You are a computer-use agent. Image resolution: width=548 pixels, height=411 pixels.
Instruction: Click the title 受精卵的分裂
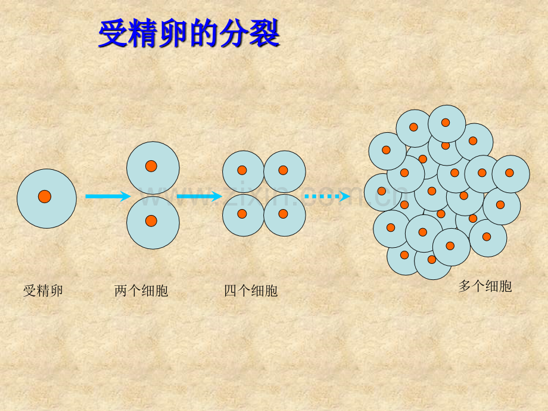pos(189,33)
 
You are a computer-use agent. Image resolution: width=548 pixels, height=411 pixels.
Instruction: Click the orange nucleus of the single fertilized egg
pos(45,197)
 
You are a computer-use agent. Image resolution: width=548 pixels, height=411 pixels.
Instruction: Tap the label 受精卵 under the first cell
pos(43,291)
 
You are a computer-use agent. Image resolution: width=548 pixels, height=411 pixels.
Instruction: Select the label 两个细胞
pos(141,291)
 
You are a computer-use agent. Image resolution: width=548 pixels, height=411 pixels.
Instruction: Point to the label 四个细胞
pos(251,291)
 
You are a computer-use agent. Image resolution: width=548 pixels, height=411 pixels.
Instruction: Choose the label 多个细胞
pos(485,287)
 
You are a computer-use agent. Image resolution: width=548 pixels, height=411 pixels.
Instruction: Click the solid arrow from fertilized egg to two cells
pos(108,196)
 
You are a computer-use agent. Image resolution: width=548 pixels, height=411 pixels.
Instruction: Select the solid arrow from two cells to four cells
pos(200,196)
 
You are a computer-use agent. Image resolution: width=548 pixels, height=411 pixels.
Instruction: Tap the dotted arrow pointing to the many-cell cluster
pos(328,196)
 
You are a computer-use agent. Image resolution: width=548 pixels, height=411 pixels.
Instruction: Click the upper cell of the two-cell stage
pos(153,168)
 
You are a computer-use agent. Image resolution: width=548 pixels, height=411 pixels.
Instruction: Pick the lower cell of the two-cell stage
pos(153,223)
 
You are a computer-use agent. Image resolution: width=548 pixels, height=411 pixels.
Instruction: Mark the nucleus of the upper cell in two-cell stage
pos(151,166)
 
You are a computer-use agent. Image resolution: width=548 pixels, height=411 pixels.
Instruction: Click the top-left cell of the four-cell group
pos(243,172)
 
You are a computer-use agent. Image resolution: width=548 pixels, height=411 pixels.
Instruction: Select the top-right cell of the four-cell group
pos(285,172)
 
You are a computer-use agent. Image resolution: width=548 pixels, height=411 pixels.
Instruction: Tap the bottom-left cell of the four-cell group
pos(243,215)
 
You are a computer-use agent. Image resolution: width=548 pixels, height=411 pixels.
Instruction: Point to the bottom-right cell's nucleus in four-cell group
pos(283,213)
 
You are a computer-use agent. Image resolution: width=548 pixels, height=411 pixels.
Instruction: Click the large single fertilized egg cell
pos(47,199)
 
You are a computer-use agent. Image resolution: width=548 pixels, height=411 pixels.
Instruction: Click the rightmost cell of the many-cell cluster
pos(511,174)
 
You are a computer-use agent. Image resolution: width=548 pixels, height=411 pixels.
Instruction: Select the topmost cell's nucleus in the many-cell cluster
pos(446,122)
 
